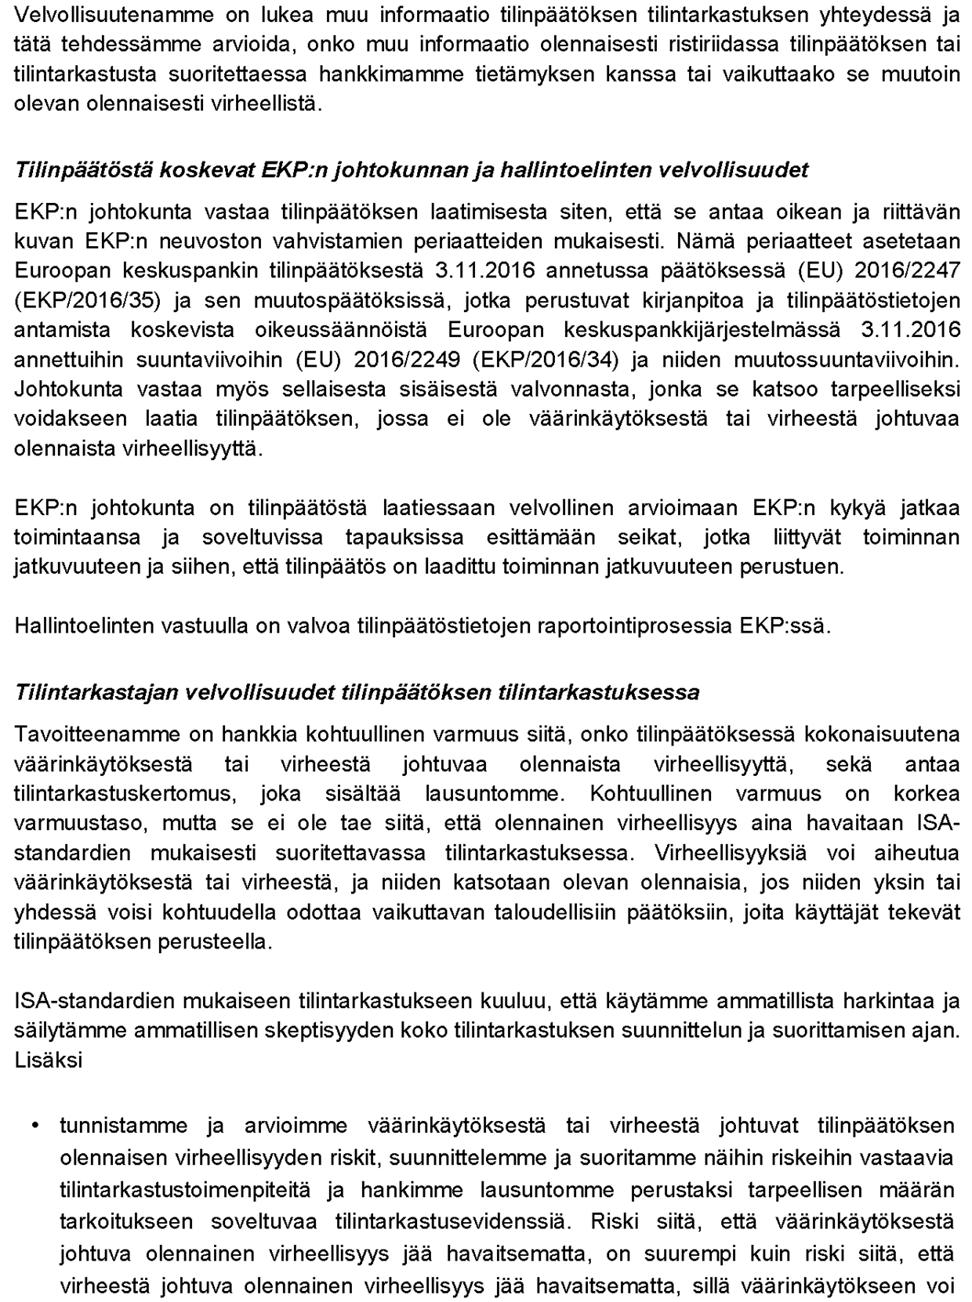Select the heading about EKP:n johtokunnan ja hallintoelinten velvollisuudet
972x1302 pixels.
(412, 170)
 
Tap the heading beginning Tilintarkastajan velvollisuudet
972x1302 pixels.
(357, 693)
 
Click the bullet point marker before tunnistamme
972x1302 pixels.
(35, 1126)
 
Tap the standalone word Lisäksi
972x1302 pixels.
(49, 1061)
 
